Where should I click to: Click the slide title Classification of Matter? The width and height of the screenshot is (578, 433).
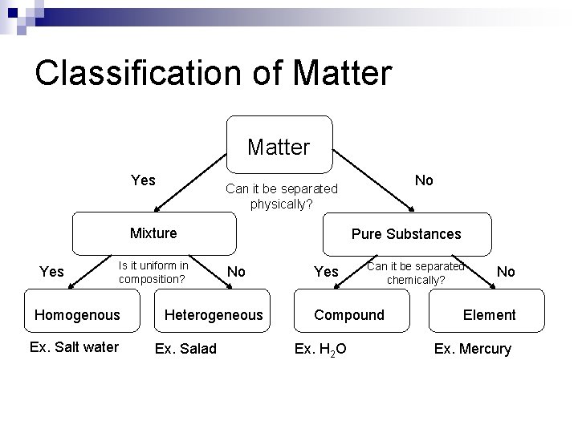click(x=214, y=72)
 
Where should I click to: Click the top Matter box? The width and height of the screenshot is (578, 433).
click(x=279, y=146)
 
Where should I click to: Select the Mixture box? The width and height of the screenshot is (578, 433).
click(x=154, y=233)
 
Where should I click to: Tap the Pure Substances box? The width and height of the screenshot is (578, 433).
click(x=406, y=234)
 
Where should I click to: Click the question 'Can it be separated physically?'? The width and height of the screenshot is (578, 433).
click(x=282, y=196)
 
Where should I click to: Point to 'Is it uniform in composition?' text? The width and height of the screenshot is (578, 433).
click(x=153, y=272)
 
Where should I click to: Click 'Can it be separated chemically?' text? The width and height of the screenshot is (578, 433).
click(x=416, y=273)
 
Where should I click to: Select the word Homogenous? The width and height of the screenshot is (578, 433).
click(x=77, y=315)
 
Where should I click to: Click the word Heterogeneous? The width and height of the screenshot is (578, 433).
click(x=214, y=315)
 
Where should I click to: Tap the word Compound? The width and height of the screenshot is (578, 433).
click(x=349, y=315)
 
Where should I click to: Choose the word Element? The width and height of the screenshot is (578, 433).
click(x=489, y=315)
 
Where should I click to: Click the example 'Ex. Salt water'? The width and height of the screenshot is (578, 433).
click(x=74, y=346)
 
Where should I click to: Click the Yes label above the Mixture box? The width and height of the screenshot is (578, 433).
click(x=143, y=180)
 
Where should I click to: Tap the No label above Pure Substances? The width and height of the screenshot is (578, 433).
click(x=425, y=180)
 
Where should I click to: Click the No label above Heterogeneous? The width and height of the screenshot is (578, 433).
click(x=236, y=272)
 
